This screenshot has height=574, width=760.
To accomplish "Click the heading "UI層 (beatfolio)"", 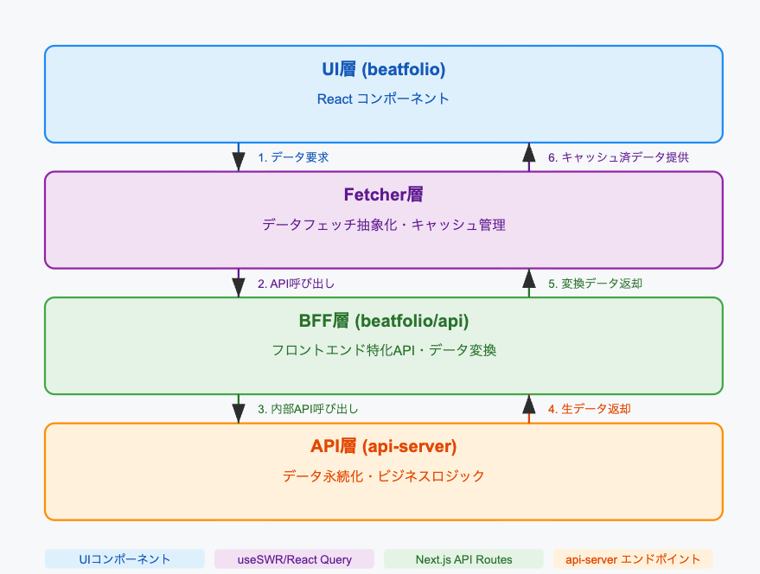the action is pos(383,69).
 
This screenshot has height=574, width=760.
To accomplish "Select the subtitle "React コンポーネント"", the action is pos(383,99).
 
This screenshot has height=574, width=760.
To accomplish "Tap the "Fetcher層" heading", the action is pos(383,195).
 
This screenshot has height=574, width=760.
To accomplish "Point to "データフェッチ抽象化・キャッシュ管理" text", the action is pos(383,225).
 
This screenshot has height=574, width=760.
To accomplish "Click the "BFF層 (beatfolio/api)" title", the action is pos(383,321).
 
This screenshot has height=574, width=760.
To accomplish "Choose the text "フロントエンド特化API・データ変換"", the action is pos(383,350).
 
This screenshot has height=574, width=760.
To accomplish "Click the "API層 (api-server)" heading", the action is pos(383,446).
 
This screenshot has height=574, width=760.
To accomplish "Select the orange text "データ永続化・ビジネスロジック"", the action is pos(383,475).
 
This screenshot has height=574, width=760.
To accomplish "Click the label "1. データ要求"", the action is pos(293,157).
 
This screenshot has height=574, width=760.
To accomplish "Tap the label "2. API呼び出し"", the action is pos(296,284).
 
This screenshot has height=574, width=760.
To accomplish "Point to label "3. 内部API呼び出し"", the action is pos(308,409).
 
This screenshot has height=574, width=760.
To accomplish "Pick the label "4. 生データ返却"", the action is pos(589,409).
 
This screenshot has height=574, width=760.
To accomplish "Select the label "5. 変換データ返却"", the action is pos(595,284).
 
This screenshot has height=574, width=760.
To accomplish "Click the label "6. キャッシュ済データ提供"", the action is pos(618,157).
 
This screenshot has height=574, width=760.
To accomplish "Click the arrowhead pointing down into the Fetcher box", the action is pos(238,162).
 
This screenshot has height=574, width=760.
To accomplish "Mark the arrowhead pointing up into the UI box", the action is pos(529,152).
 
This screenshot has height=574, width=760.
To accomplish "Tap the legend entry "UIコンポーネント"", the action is pos(125,559).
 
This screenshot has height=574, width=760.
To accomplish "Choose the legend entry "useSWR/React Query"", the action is pos(294,559).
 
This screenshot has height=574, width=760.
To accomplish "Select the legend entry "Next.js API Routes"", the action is pos(463,559).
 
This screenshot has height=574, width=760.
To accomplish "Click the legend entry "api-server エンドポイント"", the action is pos(633,559).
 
